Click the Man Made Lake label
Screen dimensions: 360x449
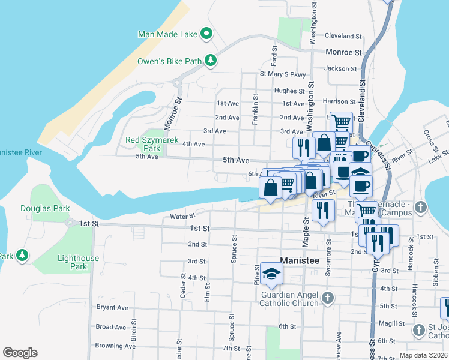tap(167, 34)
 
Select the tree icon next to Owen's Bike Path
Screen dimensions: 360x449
tap(211, 60)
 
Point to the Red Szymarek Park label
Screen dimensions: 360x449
tap(143, 144)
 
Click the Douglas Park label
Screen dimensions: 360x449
tap(45, 209)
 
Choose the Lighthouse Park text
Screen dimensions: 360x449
tap(78, 262)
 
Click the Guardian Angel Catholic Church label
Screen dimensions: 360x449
tap(289, 299)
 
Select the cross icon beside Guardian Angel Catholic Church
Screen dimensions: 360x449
tap(327, 298)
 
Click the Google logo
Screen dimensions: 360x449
tap(20, 353)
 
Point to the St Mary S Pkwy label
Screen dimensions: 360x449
tap(283, 74)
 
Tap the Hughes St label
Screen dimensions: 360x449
tap(289, 91)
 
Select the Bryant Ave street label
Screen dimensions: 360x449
tap(112, 308)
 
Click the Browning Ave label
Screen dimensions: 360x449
tap(116, 346)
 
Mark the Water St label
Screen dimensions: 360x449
tap(183, 216)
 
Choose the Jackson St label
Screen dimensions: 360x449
tap(336, 68)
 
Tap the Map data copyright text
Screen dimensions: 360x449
tap(423, 355)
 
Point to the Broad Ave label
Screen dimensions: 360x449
tap(112, 327)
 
